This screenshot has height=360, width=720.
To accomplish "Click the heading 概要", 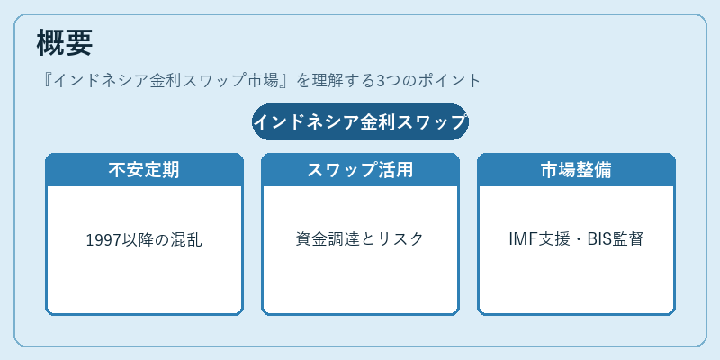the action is [x=65, y=42].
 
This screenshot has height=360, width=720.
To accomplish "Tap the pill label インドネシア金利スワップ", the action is [x=361, y=122].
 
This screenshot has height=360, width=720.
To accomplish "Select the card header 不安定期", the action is [x=144, y=170].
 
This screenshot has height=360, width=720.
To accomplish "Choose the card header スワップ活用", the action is [x=361, y=170].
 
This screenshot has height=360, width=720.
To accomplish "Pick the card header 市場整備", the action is [x=576, y=170].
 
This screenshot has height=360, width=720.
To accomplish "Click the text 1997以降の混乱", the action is [x=144, y=239].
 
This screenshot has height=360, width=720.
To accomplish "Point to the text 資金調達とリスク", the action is [x=361, y=239].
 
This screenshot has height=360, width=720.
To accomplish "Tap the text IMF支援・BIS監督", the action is [x=576, y=239].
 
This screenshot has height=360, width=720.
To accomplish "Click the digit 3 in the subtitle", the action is [x=380, y=81].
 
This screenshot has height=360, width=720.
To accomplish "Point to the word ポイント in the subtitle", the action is [x=448, y=81].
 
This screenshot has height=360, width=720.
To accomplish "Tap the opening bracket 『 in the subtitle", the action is [x=46, y=81].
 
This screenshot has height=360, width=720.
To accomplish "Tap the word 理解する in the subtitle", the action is [x=343, y=81].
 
